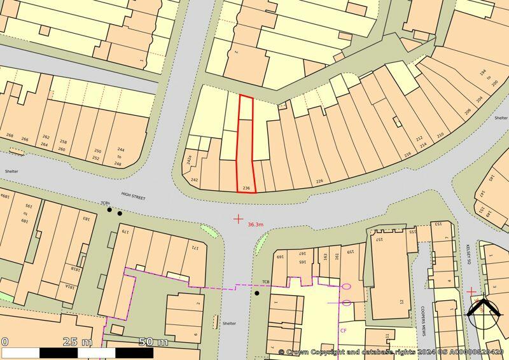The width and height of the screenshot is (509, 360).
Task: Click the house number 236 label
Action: point(246,188)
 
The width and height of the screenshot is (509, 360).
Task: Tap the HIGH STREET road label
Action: point(133,198)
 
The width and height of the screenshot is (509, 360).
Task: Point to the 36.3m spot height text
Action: point(256,225)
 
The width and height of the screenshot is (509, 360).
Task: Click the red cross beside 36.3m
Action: point(238,219)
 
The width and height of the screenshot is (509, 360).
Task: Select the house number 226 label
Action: point(320,181)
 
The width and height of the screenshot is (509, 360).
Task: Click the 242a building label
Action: point(189,160)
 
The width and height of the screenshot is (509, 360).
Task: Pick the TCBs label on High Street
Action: point(105,203)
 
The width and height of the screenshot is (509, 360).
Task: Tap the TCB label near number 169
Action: point(266,282)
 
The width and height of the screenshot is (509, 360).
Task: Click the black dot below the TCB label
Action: point(257,293)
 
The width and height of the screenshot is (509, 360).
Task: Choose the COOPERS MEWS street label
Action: point(422,321)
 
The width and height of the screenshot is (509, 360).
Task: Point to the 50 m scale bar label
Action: point(153,342)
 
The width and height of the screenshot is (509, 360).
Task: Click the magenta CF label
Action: point(344,331)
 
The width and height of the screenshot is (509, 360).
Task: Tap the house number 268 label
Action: point(10,135)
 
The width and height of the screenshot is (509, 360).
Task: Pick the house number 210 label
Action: point(440,135)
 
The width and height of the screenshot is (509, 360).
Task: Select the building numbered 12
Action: point(401,301)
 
